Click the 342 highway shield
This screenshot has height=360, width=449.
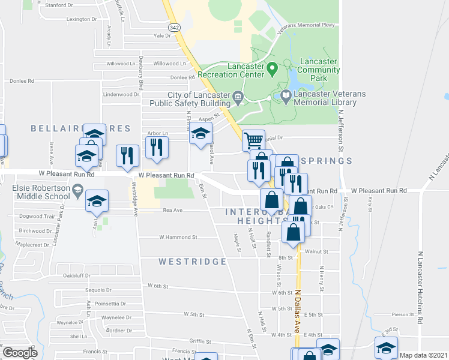[173, 28]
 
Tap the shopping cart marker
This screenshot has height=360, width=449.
[254, 141]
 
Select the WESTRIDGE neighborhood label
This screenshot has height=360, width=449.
[193, 262]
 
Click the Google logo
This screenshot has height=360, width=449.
[20, 352]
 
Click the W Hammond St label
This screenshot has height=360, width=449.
[178, 238]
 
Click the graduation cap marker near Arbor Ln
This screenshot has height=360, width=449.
[201, 134]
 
